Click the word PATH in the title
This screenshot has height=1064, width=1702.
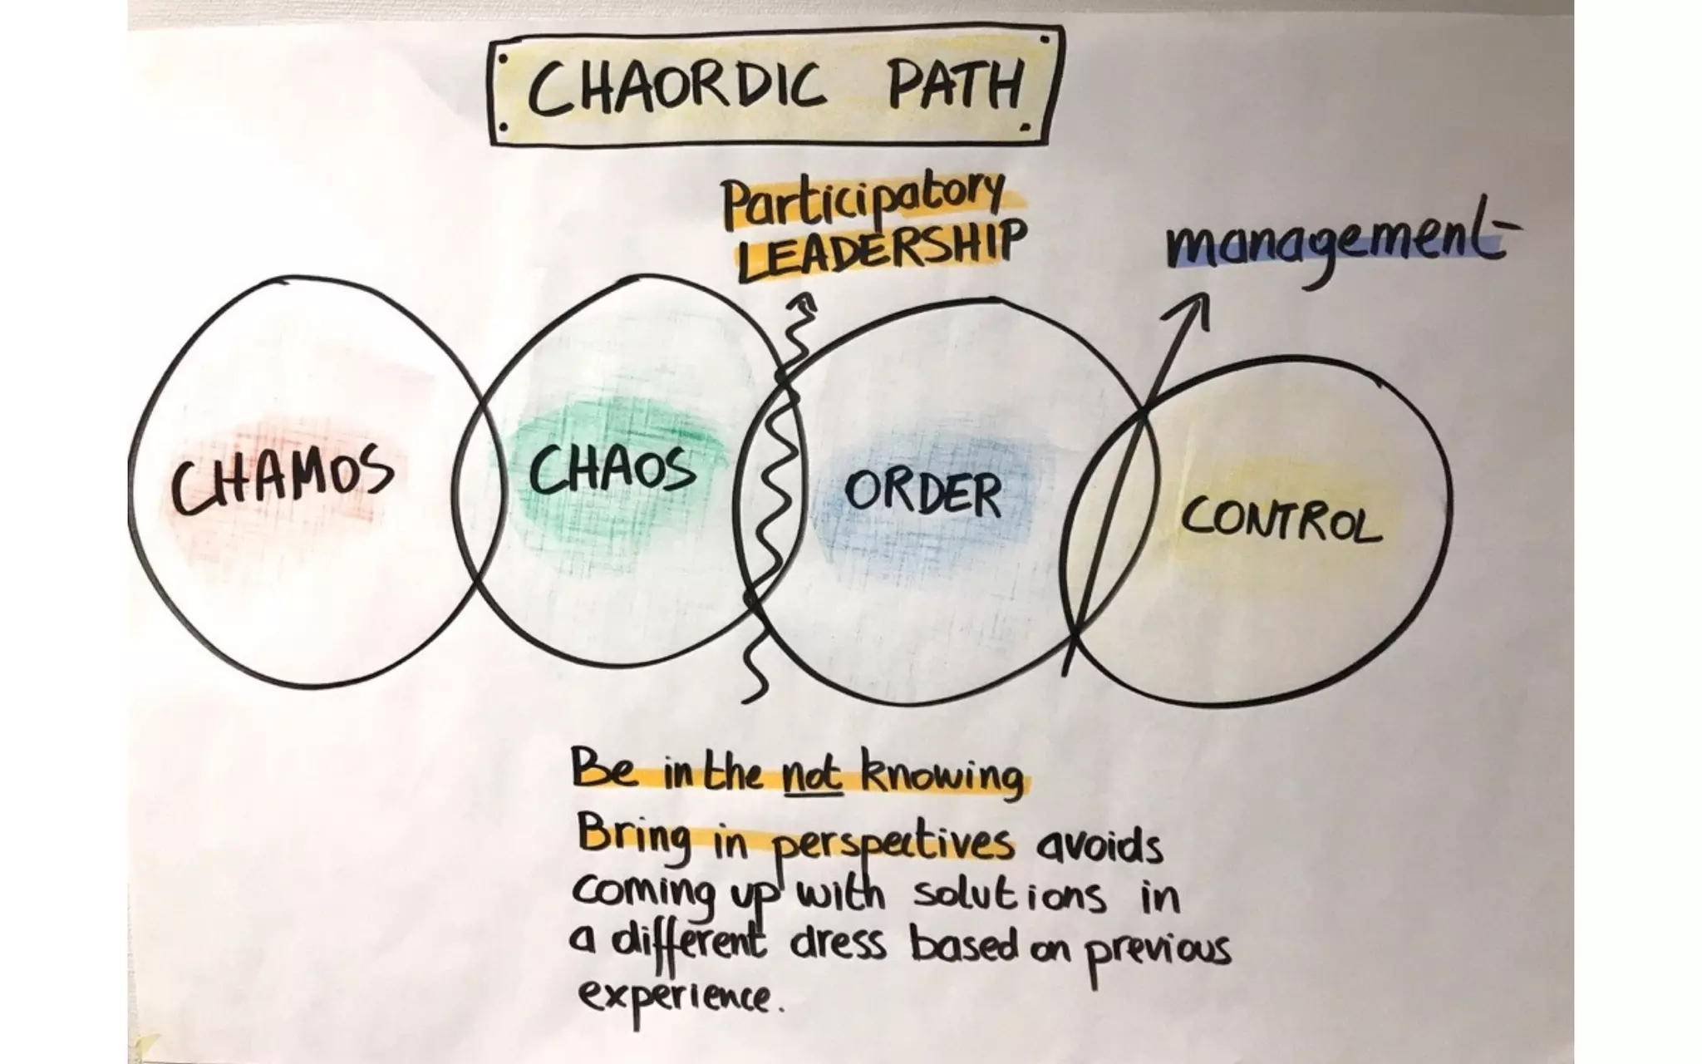(x=954, y=86)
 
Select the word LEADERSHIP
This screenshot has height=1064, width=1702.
(x=877, y=248)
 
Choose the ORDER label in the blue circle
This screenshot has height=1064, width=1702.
(x=922, y=494)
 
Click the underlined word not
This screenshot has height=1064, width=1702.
(x=812, y=776)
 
